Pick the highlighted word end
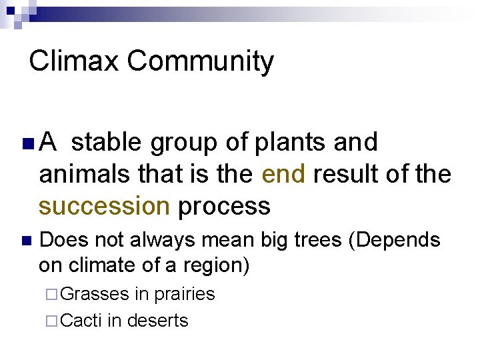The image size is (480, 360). [x=283, y=175]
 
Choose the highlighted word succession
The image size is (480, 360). [x=104, y=207]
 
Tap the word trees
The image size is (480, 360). [x=319, y=240]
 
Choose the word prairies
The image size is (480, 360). [x=185, y=295]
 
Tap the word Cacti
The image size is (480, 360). [x=82, y=321]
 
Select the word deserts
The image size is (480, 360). [x=157, y=321]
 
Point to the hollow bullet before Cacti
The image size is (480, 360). [x=54, y=321]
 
